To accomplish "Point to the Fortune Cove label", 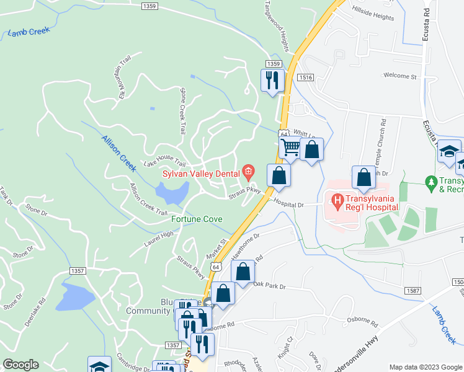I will (x=197, y=219).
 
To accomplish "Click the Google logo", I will (x=20, y=365).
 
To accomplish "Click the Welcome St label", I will (x=400, y=76).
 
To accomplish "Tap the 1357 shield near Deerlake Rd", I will (x=78, y=271).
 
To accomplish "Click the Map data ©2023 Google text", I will (x=425, y=366).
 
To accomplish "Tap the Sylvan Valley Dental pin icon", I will (x=249, y=170).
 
